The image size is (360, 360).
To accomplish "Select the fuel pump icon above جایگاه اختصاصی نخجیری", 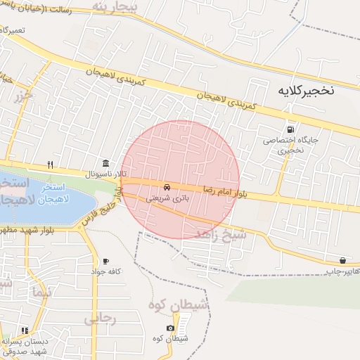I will (290, 129).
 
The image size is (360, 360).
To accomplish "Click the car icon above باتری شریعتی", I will (167, 188).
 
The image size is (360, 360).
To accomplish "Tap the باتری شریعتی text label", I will (167, 198).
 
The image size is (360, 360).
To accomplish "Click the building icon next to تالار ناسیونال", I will (105, 163).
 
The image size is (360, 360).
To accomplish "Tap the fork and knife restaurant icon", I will (50, 165).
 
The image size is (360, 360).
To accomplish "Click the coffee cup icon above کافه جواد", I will (105, 261).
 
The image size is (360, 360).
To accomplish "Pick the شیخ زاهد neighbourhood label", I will (221, 234).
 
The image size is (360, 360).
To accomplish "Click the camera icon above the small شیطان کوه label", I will (170, 328).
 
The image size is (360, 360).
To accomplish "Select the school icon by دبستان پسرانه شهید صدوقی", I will (25, 330).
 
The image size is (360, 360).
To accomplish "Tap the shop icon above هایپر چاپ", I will (342, 260).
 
